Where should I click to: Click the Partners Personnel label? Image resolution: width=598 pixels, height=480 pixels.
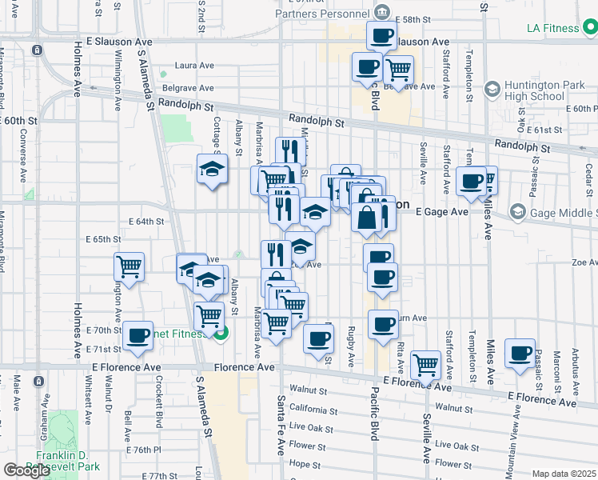(322, 13)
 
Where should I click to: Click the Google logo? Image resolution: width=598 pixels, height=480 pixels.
(26, 470)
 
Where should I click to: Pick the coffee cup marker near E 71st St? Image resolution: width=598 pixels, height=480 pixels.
(138, 335)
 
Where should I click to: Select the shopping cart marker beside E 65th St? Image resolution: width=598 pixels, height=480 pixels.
(129, 266)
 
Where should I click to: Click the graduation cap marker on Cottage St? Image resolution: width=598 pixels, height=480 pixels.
(213, 169)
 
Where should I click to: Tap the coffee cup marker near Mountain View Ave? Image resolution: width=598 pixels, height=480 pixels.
(520, 352)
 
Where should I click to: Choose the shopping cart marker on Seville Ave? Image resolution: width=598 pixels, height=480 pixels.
(425, 364)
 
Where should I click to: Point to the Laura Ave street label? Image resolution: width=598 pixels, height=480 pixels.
(196, 66)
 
